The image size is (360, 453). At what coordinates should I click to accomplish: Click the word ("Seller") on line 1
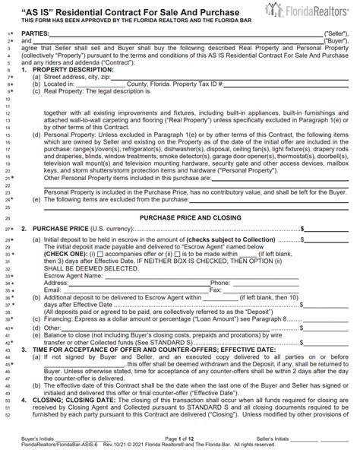click(x=334, y=35)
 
